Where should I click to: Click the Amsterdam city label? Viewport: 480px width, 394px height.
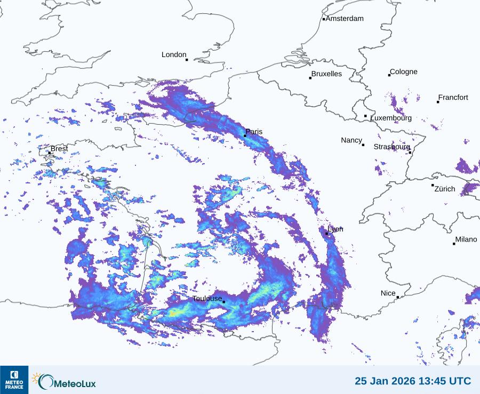tap(345, 19)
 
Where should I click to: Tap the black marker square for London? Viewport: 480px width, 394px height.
tap(187, 60)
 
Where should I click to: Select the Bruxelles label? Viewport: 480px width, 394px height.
tap(326, 74)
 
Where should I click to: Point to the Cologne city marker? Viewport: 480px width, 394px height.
tap(389, 75)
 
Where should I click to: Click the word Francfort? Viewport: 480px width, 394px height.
tap(453, 98)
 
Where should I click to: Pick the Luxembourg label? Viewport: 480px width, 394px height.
tap(391, 118)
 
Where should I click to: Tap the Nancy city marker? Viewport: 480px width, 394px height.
tap(363, 145)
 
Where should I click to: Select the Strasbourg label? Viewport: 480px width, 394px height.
tap(392, 147)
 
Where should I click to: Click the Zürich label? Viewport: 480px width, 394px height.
tap(445, 189)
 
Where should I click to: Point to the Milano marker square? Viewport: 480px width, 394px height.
tap(454, 244)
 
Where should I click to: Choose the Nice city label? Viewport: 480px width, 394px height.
tap(388, 293)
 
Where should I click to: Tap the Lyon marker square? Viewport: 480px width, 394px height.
tap(326, 234)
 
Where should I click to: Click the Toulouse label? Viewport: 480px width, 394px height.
tap(207, 299)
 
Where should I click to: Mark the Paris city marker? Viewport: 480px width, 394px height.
tap(245, 136)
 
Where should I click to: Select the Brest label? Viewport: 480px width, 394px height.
tap(59, 149)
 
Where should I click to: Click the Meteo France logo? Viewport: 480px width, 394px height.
tap(14, 380)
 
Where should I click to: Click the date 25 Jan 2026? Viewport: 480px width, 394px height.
tap(383, 381)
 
